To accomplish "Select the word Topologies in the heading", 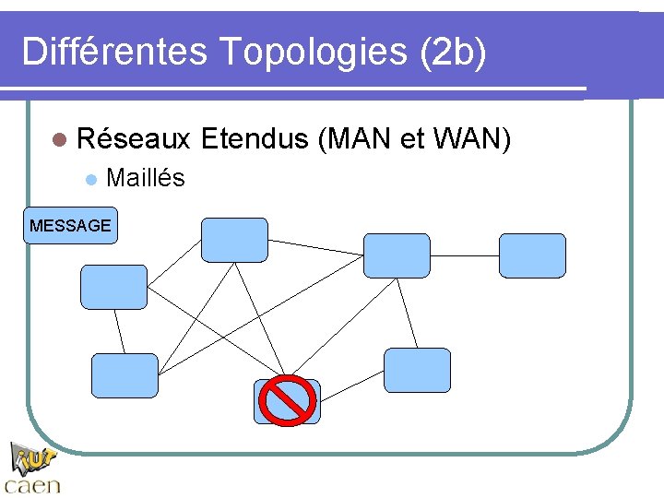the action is (x=314, y=52).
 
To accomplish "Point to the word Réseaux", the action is (x=134, y=139).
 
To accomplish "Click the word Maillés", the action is (x=146, y=177).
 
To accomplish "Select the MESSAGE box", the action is (x=70, y=225).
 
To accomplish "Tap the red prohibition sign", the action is (x=287, y=400).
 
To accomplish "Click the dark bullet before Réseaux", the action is (x=60, y=140).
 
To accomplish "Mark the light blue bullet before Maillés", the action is (x=89, y=179).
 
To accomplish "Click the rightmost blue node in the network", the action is (x=532, y=255).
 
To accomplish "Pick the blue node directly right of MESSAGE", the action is (x=234, y=240).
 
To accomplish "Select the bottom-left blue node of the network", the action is (x=125, y=375).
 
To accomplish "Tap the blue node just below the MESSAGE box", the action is (x=113, y=287).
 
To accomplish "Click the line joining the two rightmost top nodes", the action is (x=465, y=255).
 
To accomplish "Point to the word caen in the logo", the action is (x=32, y=485).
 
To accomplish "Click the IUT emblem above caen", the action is (x=34, y=457).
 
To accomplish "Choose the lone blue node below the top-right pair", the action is (x=417, y=370).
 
